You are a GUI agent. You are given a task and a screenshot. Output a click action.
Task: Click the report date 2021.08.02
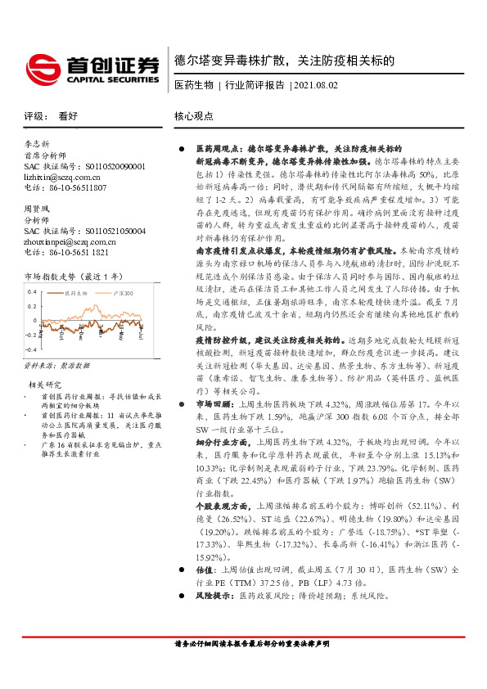(313, 85)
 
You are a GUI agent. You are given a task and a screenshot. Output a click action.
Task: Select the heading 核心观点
(194, 116)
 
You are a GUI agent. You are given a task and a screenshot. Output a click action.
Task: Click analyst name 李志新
(38, 143)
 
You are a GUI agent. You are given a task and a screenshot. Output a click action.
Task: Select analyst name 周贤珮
(38, 209)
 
